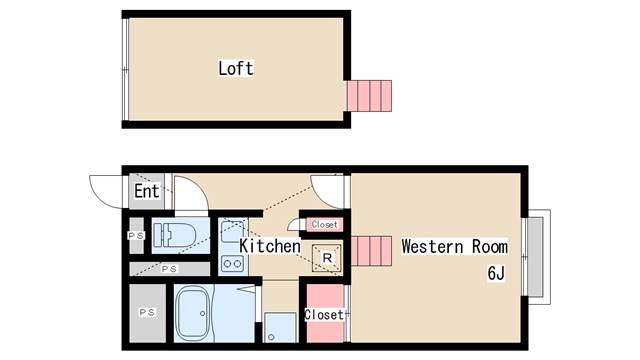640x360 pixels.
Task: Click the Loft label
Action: pos(236,68)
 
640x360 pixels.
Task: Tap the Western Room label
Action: pos(455,247)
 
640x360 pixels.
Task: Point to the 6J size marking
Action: pos(496,273)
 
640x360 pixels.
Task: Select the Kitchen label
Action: pos(270,246)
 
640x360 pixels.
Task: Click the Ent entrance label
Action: pos(147,191)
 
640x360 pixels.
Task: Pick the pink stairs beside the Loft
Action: pos(369,96)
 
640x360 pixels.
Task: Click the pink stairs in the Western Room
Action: pos(371,251)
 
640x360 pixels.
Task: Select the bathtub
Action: pos(193,313)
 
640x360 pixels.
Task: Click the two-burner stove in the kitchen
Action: pos(232,263)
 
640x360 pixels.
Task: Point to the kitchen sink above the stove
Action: pos(232,230)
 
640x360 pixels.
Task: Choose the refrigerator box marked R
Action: pos(327,258)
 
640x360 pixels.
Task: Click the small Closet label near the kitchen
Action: pos(324,224)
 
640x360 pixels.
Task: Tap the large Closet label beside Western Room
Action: pos(324,315)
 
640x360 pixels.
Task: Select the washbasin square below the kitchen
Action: pos(280,327)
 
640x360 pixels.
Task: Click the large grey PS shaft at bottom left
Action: pos(147,313)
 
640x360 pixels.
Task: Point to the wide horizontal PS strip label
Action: pos(169,269)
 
